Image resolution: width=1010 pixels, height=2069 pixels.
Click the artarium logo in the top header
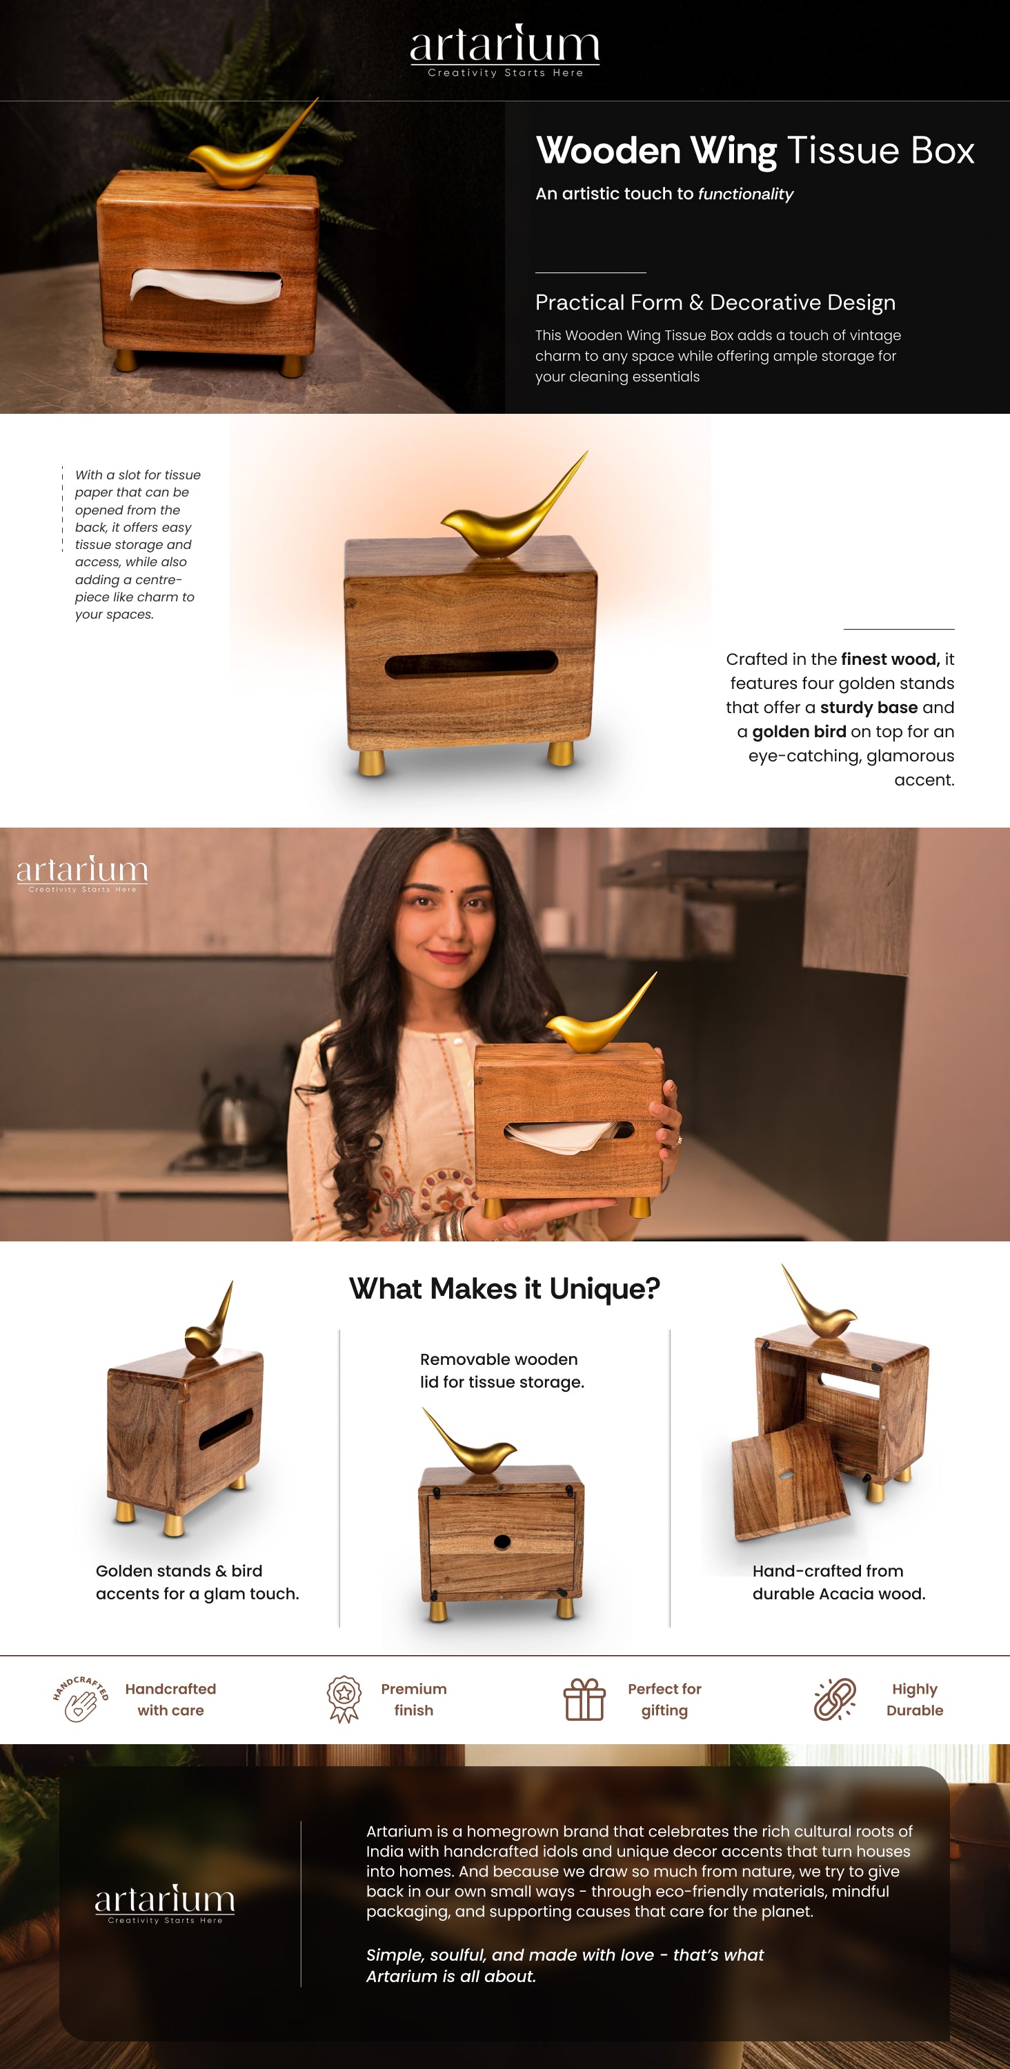coord(504,50)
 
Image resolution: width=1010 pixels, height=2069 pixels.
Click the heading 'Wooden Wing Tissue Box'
coord(755,151)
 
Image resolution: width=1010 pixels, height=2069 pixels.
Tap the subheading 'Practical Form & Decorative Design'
coord(715,303)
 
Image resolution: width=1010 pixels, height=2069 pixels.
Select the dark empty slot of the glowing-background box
coord(471,665)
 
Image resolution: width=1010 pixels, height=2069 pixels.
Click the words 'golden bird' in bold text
coord(799,732)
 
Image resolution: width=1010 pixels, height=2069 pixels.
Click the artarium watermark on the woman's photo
coord(82,873)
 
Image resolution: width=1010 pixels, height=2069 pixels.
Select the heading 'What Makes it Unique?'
coord(504,1289)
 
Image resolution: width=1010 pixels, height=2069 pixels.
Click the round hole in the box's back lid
coord(502,1541)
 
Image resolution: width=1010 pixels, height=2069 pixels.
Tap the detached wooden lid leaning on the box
coord(790,1481)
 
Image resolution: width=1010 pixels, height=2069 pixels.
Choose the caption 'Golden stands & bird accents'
coord(197,1582)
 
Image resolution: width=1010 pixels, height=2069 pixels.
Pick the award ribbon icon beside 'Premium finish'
coord(344,1699)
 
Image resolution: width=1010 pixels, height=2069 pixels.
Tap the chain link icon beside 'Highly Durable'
coord(835,1699)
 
